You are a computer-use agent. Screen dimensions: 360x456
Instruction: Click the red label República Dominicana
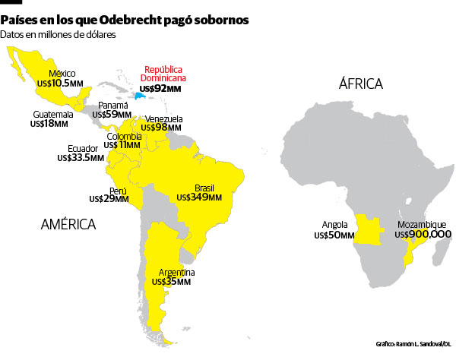point(165,74)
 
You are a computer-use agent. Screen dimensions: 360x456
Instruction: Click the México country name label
point(62,73)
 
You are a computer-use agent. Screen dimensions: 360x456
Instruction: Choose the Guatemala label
point(52,114)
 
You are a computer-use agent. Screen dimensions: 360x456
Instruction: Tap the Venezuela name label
point(163,119)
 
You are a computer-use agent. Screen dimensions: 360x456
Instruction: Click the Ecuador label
point(83,148)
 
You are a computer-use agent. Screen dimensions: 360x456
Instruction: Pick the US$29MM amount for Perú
point(109,199)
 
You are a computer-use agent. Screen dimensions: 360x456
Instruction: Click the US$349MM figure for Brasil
point(198,197)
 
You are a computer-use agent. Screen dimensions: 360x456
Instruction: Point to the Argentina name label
point(176,272)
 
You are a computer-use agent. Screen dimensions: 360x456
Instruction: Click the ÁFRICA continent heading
point(360,84)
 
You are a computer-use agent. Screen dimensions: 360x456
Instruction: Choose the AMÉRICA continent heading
point(68,224)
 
